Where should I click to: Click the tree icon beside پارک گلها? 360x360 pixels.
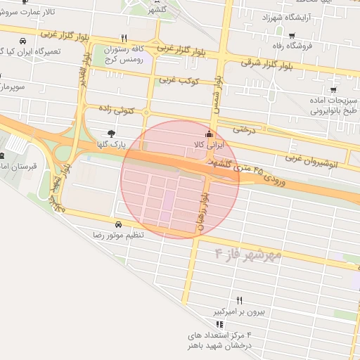[x=111, y=133]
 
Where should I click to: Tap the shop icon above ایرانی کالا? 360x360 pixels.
[x=207, y=134]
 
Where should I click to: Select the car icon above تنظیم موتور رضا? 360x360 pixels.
[x=117, y=224]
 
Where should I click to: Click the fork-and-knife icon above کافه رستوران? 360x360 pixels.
[x=124, y=38]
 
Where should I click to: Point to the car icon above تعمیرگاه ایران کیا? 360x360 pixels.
[x=25, y=40]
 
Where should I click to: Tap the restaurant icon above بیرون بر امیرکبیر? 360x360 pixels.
[x=239, y=300]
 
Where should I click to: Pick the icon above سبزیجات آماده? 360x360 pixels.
[x=333, y=89]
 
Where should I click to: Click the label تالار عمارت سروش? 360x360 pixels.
[x=28, y=13]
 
